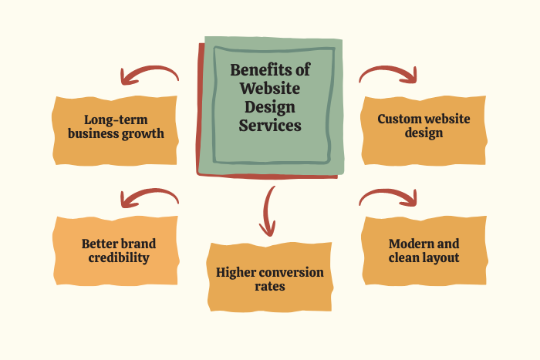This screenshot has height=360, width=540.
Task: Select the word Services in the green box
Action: pos(269,124)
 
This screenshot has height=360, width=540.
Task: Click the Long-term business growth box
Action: pos(116,127)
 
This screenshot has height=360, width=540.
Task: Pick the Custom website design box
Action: pos(424,126)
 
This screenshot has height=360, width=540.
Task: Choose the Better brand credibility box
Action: pos(116,251)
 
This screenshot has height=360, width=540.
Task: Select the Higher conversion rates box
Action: pos(270,279)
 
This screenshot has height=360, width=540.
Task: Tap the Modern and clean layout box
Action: pos(424,251)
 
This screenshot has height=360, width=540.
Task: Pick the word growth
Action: pos(146,133)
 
